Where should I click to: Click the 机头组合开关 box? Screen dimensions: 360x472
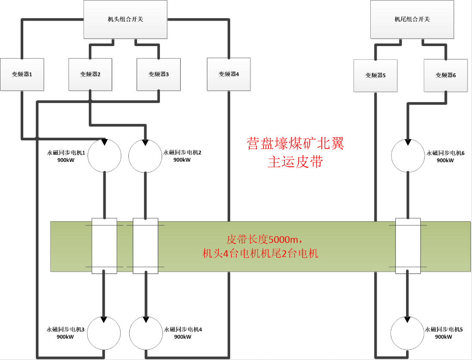[x=125, y=19]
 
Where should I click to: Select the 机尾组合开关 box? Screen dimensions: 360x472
[x=412, y=19]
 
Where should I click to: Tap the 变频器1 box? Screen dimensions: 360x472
[x=22, y=74]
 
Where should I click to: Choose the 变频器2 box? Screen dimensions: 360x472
[x=90, y=74]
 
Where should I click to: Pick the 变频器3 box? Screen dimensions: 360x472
[x=158, y=74]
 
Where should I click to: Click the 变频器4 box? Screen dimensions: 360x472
[x=228, y=74]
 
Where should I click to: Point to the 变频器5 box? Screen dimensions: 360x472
[x=375, y=75]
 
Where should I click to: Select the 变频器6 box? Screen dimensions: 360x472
[x=445, y=75]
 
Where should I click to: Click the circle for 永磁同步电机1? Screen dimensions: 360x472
[x=104, y=155]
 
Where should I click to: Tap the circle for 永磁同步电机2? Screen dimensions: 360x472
[x=145, y=156]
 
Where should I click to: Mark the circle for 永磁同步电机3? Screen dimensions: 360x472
[x=104, y=333]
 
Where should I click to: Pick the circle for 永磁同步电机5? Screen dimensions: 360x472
[x=407, y=333]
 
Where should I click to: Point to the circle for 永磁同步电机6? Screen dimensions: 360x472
[x=407, y=155]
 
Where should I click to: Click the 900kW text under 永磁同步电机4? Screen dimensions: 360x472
[x=183, y=337]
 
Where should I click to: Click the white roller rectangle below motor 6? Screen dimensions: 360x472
[x=408, y=245]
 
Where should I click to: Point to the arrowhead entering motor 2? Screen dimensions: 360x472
[x=146, y=142]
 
